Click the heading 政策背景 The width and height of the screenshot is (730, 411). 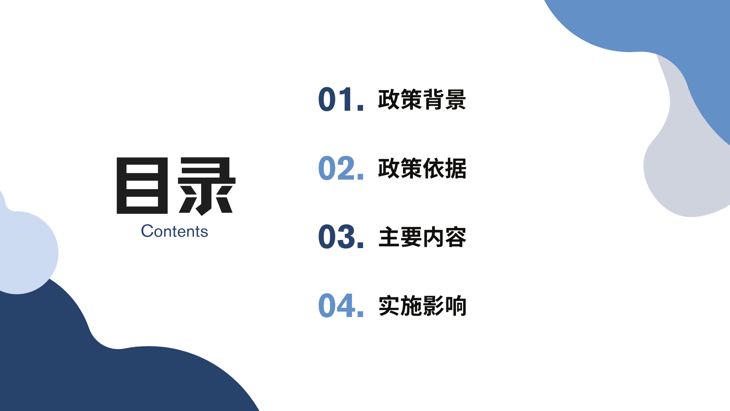tap(422, 100)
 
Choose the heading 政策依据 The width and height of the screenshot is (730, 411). tap(422, 168)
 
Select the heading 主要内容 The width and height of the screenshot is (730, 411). tap(422, 237)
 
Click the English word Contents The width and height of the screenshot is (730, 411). tap(175, 231)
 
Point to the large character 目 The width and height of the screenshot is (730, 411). tap(142, 185)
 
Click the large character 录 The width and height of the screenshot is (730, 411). tap(207, 186)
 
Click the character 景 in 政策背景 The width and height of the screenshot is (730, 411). tap(455, 100)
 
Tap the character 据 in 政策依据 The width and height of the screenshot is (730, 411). tap(455, 168)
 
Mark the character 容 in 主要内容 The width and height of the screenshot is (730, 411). tap(455, 237)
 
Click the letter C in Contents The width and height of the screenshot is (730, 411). tap(147, 231)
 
